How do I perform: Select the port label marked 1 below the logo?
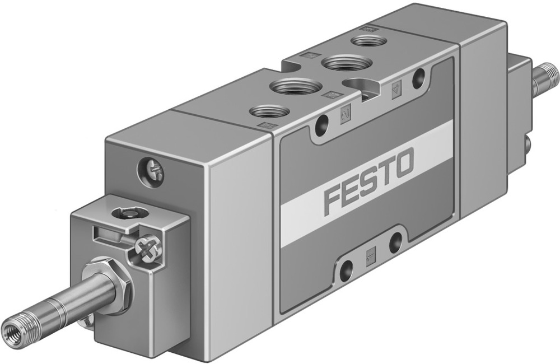click(x=370, y=256)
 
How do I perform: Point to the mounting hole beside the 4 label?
click(x=418, y=78)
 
